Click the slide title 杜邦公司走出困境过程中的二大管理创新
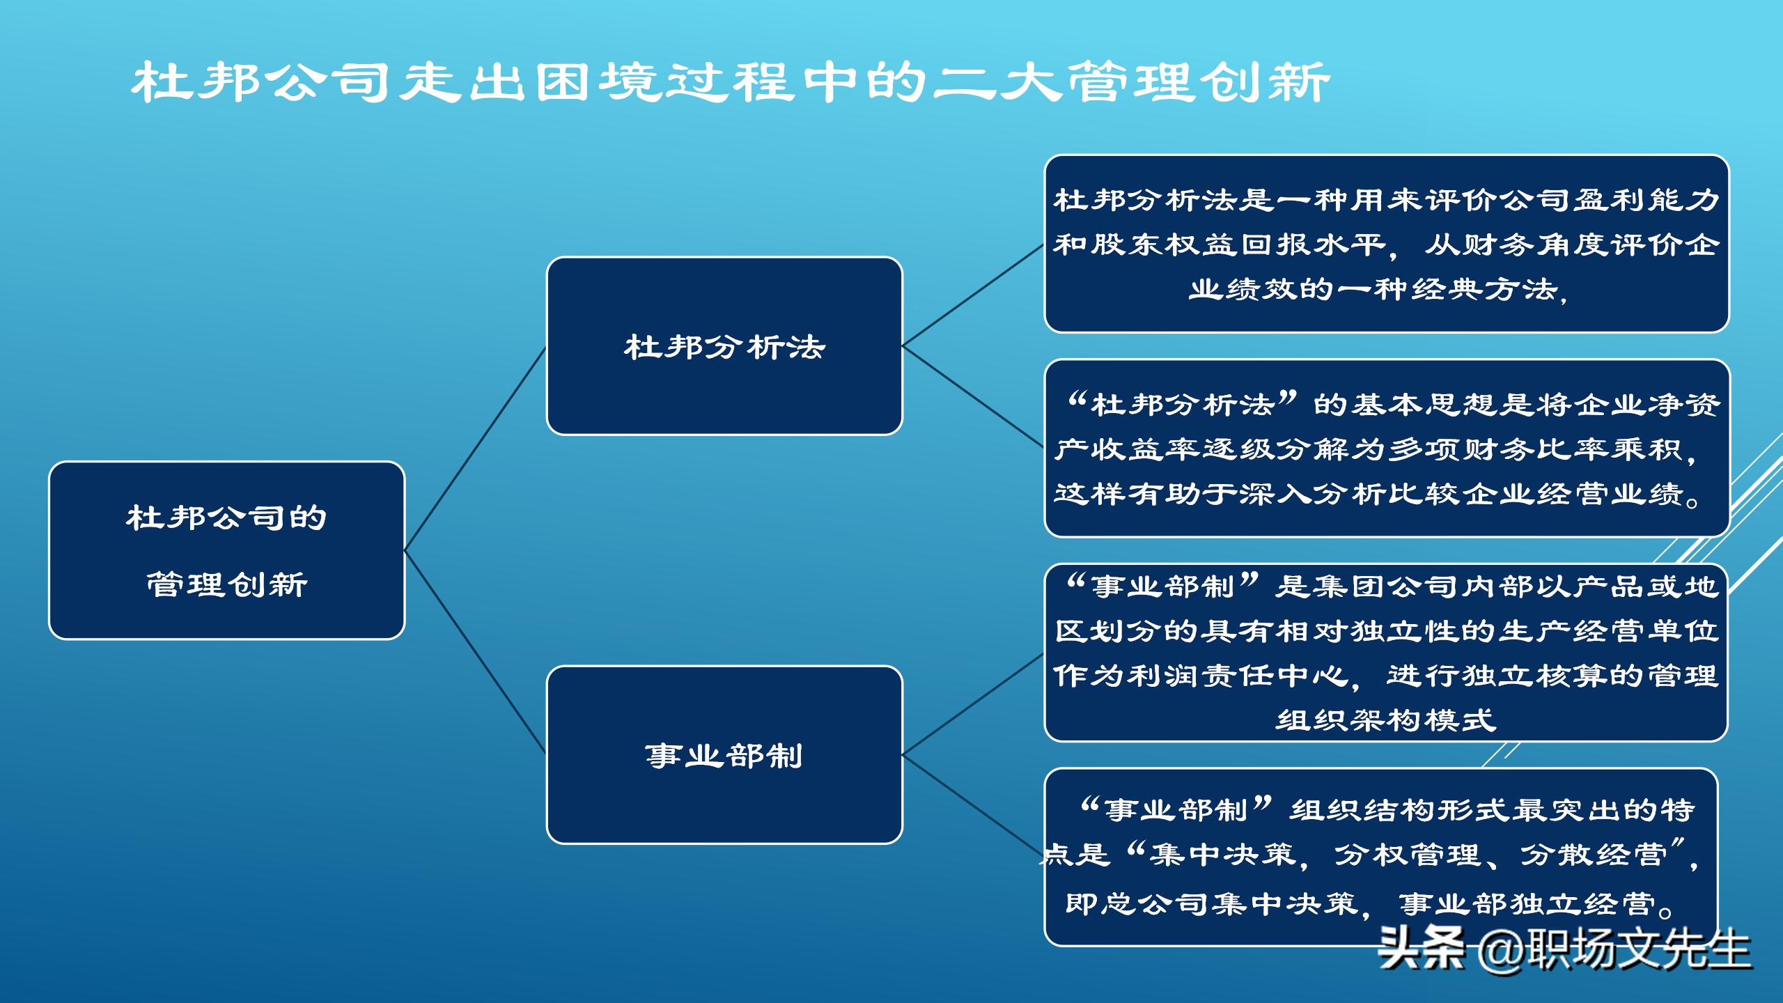pyautogui.click(x=730, y=83)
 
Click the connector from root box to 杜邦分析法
pyautogui.click(x=475, y=449)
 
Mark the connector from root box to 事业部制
pyautogui.click(x=475, y=653)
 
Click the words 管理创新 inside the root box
pyautogui.click(x=227, y=584)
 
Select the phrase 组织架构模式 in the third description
pyautogui.click(x=1386, y=720)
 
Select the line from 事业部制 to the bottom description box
pyautogui.click(x=973, y=807)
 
